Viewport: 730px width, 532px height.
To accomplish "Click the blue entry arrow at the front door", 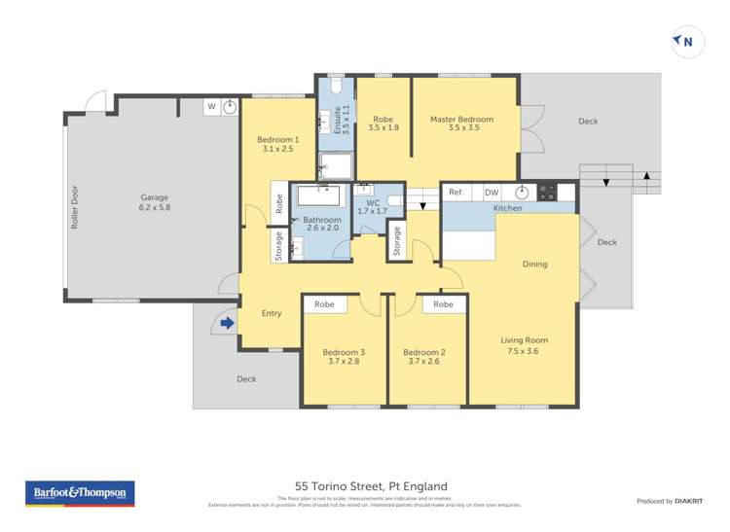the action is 227,323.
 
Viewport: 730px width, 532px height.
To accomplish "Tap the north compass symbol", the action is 687,42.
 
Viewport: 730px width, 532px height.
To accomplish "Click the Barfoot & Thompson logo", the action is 80,493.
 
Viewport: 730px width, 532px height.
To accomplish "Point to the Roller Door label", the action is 75,207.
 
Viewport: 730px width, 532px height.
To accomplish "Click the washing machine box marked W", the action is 212,107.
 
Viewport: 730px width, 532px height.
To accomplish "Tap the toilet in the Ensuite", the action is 336,86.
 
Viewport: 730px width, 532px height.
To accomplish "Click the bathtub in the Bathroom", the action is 318,195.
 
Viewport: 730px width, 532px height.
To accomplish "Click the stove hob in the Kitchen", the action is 547,192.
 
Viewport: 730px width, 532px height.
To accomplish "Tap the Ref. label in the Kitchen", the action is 456,192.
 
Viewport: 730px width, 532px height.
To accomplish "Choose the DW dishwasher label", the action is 492,193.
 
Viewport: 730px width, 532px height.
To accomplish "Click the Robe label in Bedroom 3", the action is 324,304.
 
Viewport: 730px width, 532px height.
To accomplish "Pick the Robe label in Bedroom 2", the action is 443,304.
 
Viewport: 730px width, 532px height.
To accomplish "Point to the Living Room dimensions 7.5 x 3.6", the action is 524,351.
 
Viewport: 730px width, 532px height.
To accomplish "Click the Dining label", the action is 535,265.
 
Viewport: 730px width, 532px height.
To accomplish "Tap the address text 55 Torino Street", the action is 340,486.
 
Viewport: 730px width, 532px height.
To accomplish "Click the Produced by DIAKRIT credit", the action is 670,501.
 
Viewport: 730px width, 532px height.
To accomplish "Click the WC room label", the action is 373,203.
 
